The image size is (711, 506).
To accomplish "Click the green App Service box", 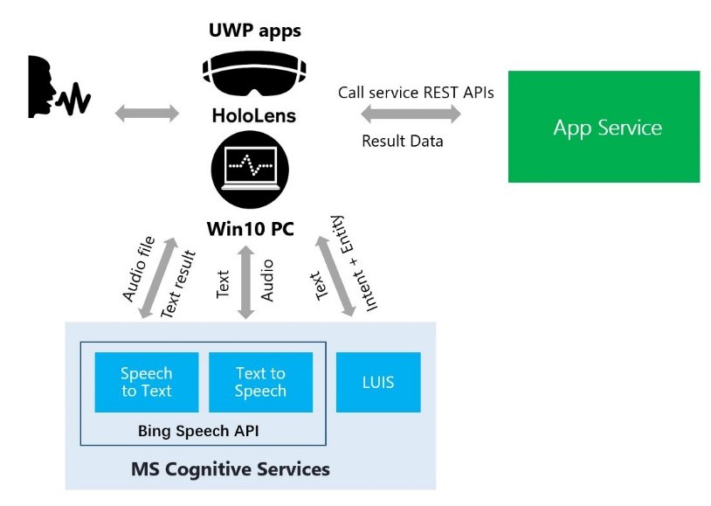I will point(604,127).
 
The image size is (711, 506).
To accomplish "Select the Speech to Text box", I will point(147,382).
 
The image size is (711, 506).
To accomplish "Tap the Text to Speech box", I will point(260,382).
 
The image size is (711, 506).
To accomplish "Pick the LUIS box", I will point(378,382).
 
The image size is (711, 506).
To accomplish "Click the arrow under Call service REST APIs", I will point(411,113).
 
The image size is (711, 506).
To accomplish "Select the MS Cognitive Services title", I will point(231,469).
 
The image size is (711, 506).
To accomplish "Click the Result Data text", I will point(403,140).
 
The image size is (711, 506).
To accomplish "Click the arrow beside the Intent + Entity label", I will point(335,275).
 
